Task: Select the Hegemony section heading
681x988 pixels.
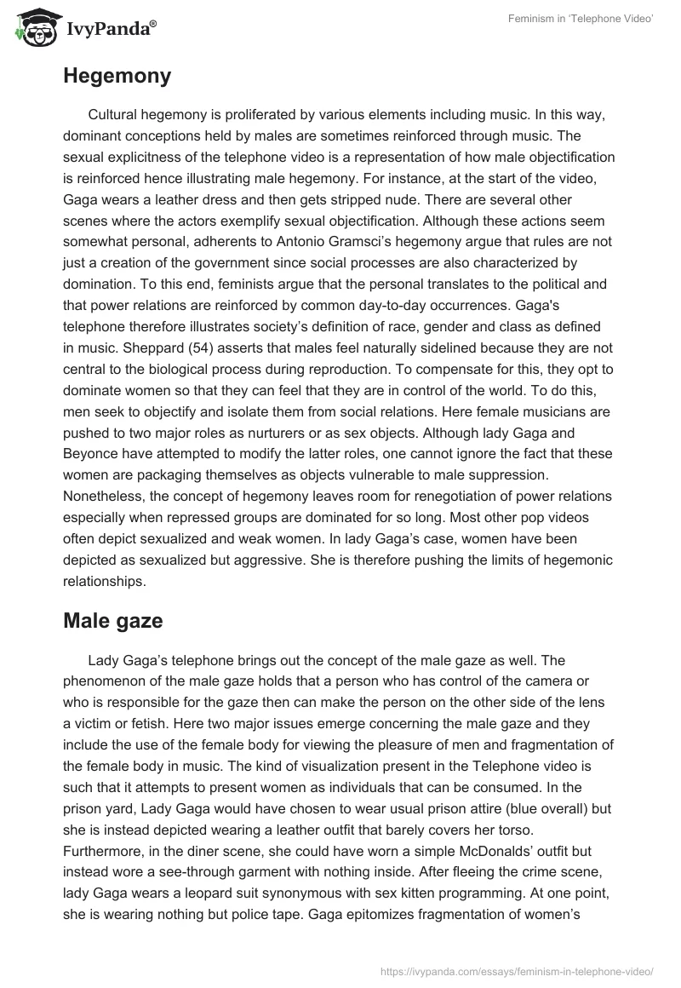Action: point(117,76)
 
